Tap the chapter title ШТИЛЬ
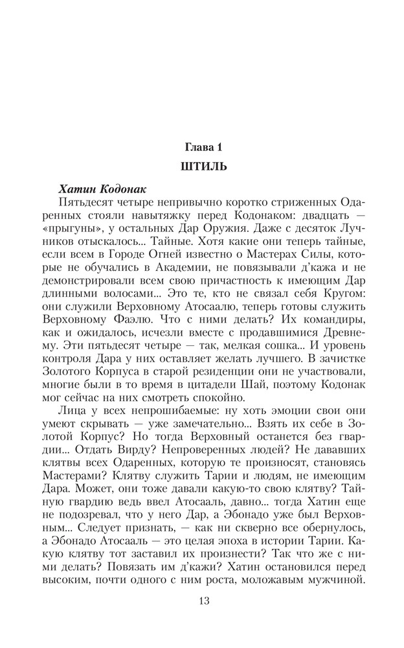coord(202,167)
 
